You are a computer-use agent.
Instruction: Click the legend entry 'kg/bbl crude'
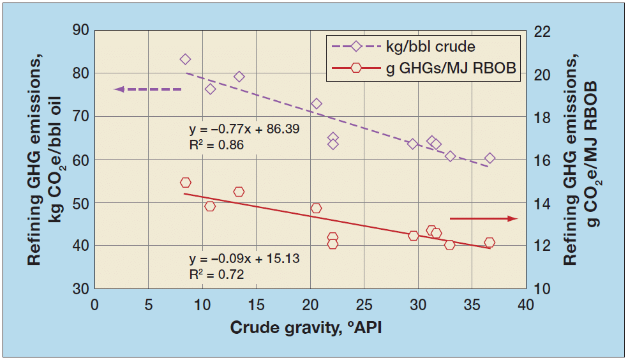[x=430, y=47]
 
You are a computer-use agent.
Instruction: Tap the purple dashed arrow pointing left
[x=147, y=89]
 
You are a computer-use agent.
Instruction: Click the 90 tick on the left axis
[x=80, y=31]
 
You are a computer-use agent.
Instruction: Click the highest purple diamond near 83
[x=186, y=59]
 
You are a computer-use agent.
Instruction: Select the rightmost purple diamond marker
[x=490, y=158]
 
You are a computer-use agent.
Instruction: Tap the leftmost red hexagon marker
[x=186, y=183]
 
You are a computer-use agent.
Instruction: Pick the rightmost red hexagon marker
[x=490, y=243]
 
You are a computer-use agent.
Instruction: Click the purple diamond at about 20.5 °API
[x=316, y=103]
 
